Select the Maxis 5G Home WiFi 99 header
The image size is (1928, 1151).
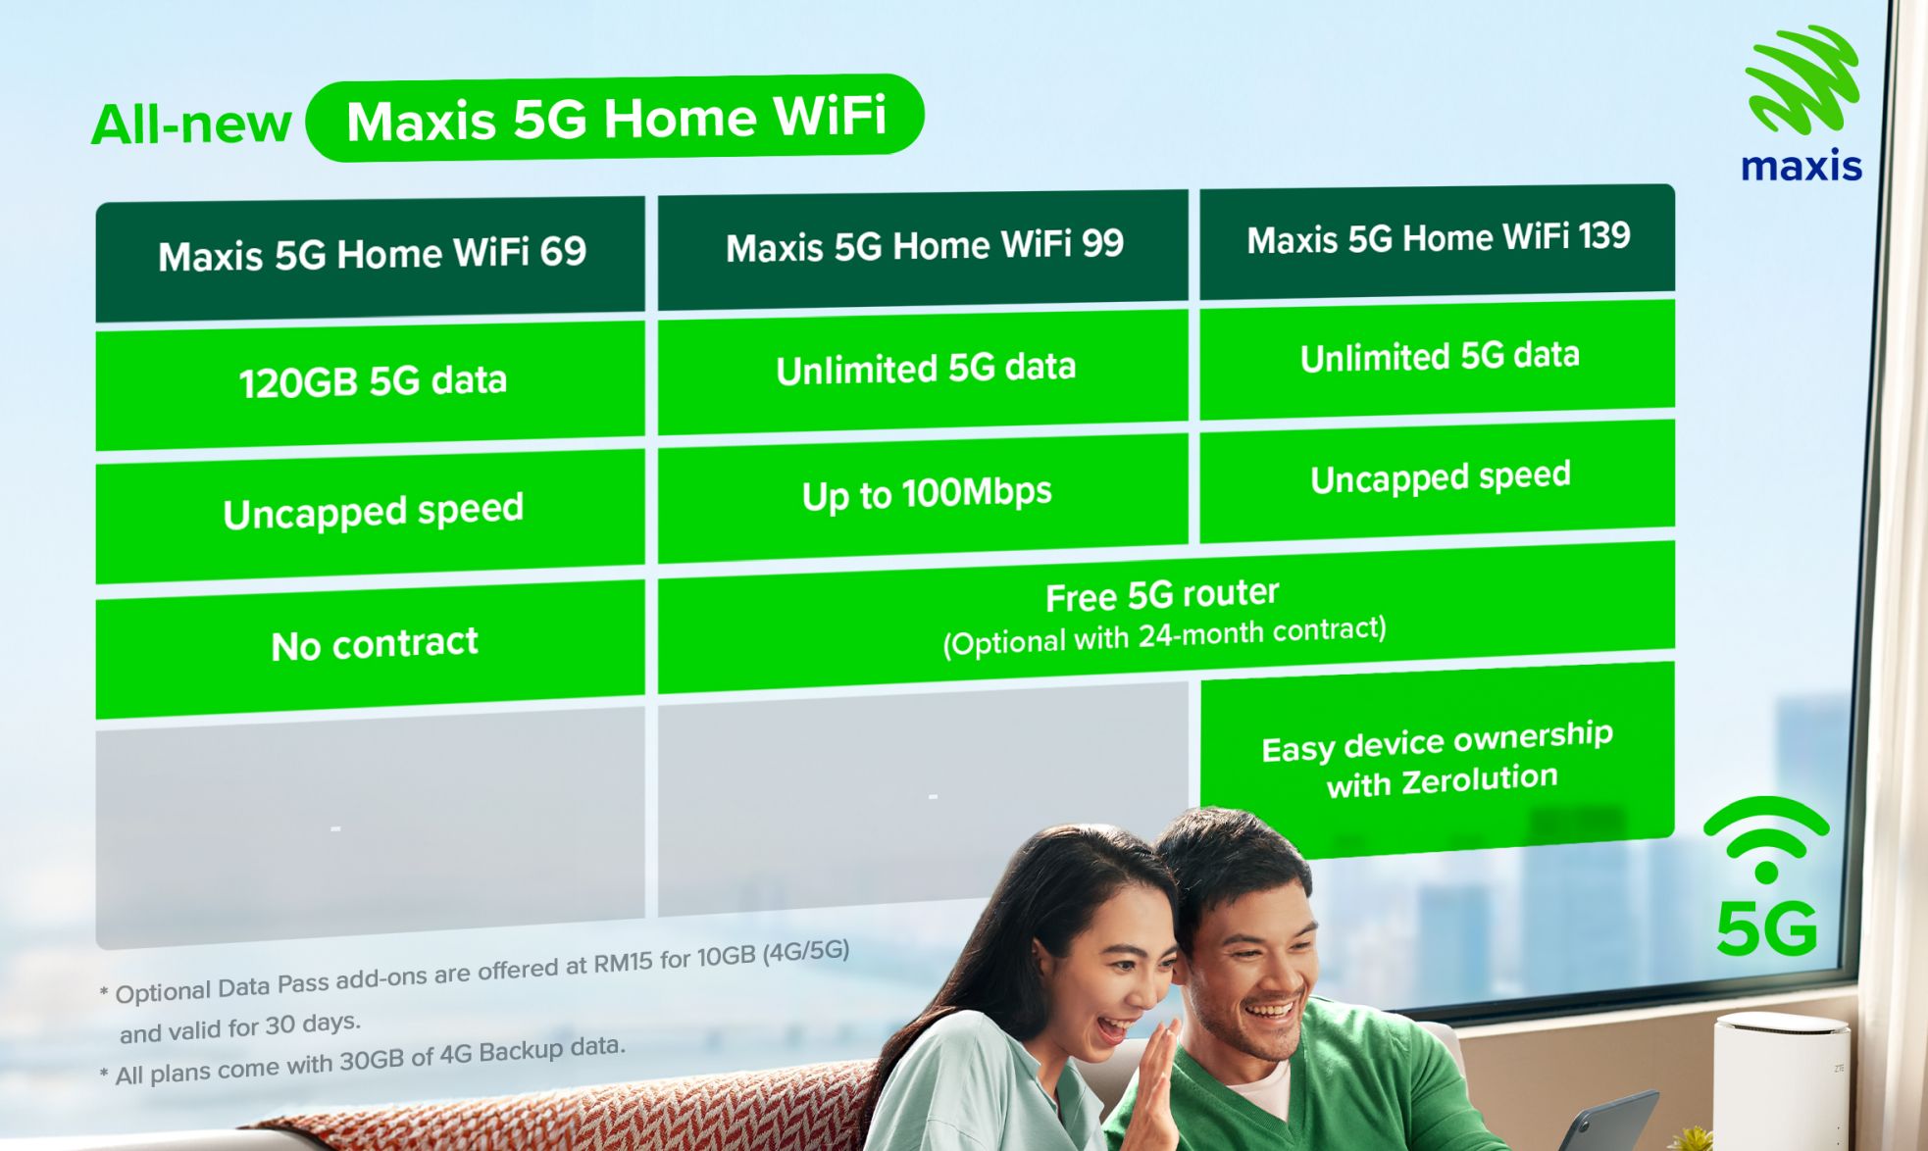coord(924,246)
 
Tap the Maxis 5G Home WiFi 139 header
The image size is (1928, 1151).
coord(1438,238)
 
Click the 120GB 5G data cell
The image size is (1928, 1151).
coord(372,380)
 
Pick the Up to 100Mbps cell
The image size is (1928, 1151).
coord(926,493)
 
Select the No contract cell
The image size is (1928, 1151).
coord(374,644)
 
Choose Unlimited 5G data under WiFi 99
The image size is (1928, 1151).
coord(925,369)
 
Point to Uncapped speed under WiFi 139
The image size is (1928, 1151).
coord(1440,477)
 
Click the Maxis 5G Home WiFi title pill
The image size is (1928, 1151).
coord(616,119)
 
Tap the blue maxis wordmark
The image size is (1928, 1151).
coord(1801,167)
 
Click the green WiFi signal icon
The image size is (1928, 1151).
coord(1766,839)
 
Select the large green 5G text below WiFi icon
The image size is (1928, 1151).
coord(1766,928)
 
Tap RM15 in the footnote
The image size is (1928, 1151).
coord(622,963)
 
